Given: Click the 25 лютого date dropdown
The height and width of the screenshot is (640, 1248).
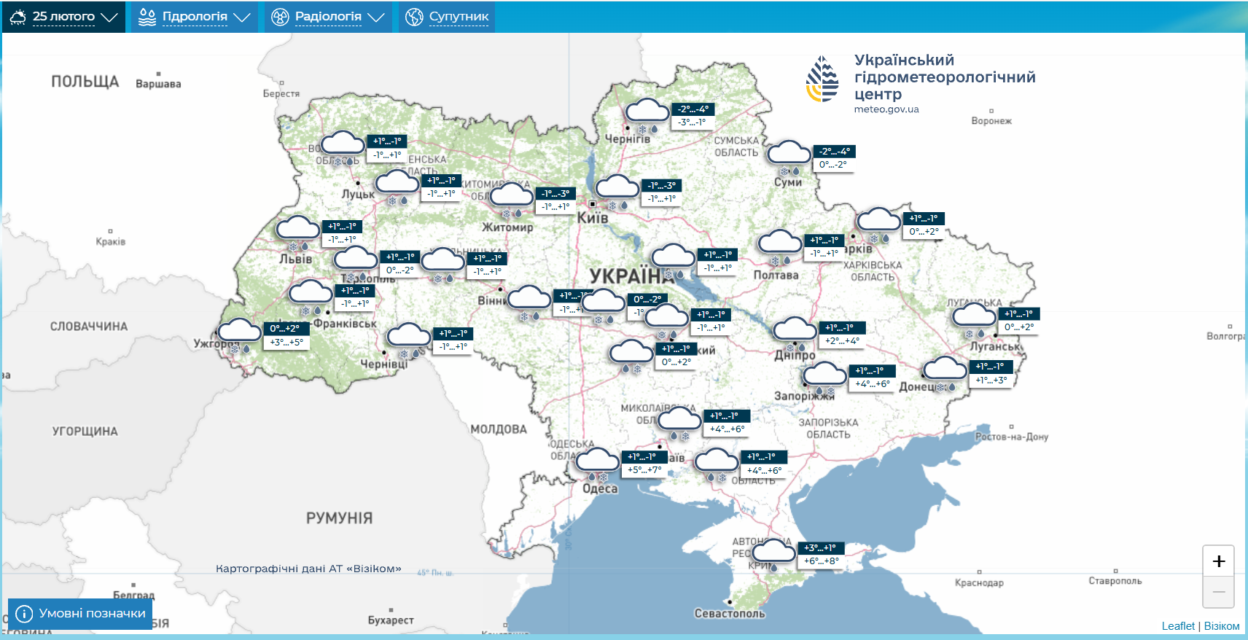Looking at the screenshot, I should (x=64, y=17).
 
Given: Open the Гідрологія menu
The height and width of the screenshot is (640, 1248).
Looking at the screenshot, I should (x=194, y=17).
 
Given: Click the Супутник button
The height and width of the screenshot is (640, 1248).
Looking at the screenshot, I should (x=448, y=17).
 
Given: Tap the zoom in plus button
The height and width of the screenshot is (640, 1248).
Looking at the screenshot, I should (x=1218, y=561).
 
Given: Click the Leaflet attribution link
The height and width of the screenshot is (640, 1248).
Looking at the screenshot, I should (x=1178, y=626).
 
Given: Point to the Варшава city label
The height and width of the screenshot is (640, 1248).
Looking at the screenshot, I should (x=158, y=84).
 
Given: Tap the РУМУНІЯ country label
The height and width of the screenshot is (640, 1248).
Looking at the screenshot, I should (x=339, y=518).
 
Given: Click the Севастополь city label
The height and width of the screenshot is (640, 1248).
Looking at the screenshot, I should (x=730, y=614).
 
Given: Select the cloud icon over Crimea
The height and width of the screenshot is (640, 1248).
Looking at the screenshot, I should (x=773, y=551).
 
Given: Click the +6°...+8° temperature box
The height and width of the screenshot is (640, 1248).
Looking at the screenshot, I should (x=822, y=561).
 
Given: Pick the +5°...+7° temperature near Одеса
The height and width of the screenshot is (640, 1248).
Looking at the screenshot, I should (x=644, y=470).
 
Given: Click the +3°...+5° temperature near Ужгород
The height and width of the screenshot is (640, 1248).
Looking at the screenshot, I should (x=286, y=342).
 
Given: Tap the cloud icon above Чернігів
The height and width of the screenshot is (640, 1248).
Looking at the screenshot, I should (x=647, y=112).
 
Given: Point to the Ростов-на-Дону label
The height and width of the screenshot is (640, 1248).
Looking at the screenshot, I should (x=1012, y=437).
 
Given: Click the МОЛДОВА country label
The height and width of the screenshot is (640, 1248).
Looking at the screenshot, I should (x=499, y=429).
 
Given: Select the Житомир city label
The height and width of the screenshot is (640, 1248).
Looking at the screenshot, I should (x=507, y=227).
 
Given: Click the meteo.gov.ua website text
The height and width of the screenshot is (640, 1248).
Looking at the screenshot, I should (x=886, y=109).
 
